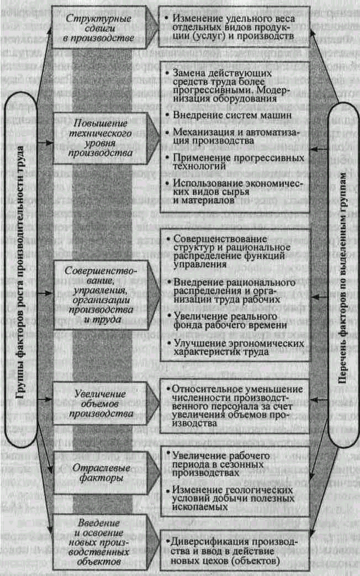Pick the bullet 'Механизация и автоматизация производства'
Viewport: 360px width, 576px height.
click(236, 136)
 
